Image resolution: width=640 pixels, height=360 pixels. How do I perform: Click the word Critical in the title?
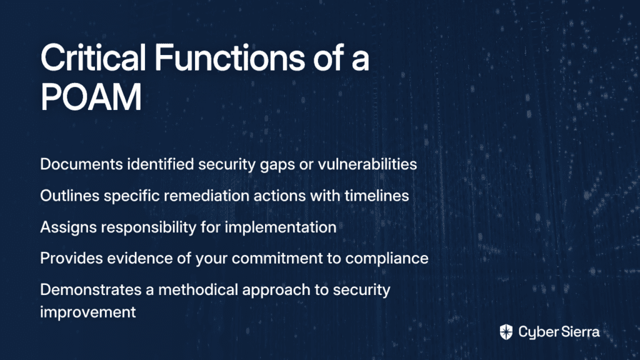93,57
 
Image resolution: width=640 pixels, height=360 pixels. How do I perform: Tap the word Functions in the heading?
229,57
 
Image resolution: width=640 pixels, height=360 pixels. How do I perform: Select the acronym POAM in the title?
91,97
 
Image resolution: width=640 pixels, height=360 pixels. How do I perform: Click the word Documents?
81,164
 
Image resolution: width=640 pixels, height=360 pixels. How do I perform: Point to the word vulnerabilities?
367,164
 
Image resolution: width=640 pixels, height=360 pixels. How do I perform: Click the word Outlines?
70,196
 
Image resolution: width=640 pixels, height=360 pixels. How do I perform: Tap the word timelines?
377,196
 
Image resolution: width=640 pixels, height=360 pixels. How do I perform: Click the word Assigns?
69,227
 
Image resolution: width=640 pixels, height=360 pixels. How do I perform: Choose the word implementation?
281,227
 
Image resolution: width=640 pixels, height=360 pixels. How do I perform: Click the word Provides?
71,258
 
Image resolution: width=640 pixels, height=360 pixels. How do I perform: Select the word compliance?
387,259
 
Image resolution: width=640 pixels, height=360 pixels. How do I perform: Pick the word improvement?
87,312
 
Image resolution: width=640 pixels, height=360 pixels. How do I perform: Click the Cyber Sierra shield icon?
506,332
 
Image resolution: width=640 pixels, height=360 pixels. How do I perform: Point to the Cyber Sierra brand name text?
559,332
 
